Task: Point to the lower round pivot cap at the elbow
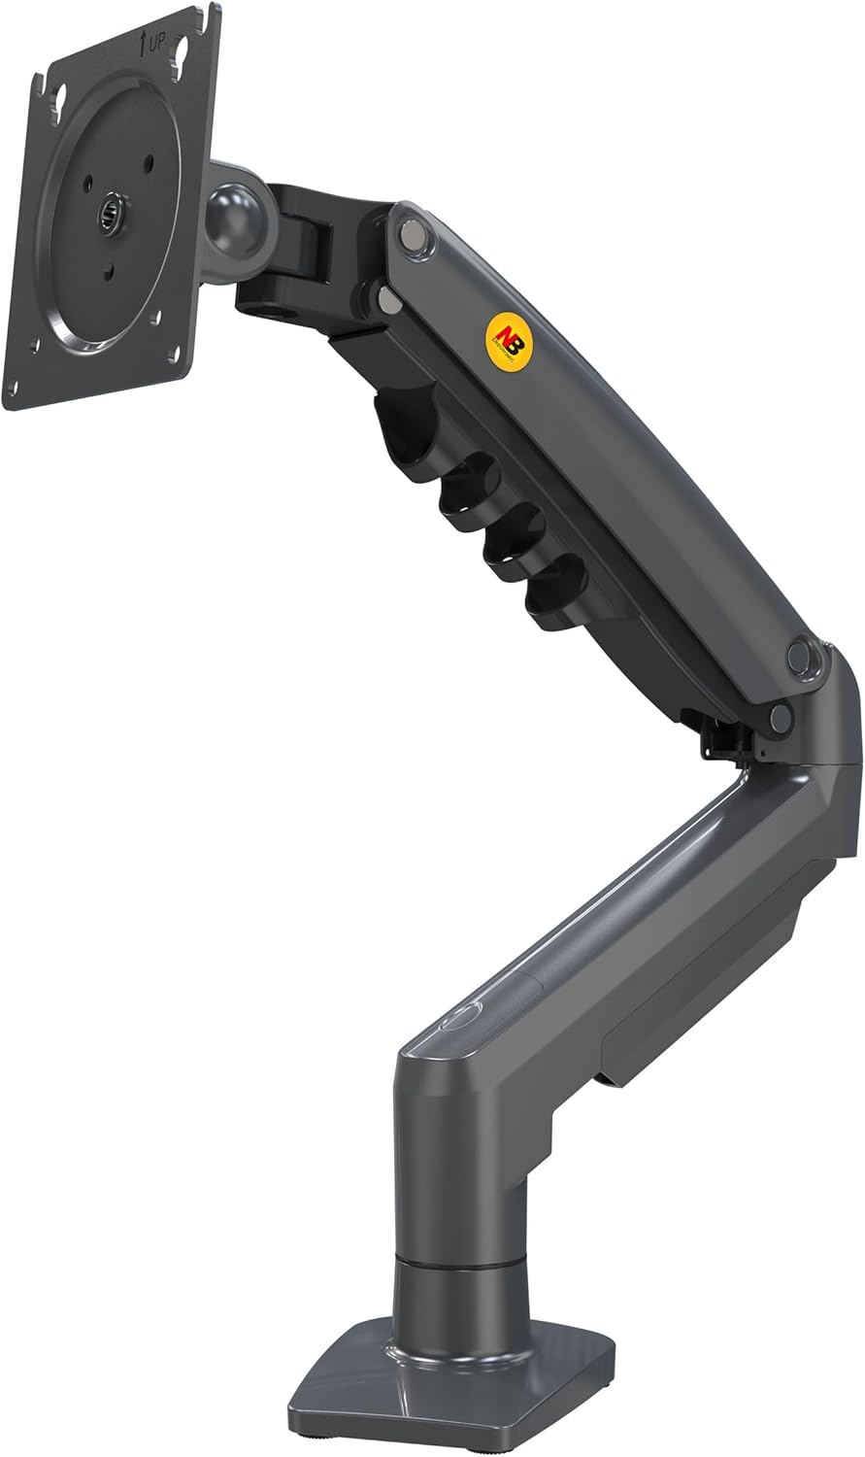pyautogui.click(x=779, y=718)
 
